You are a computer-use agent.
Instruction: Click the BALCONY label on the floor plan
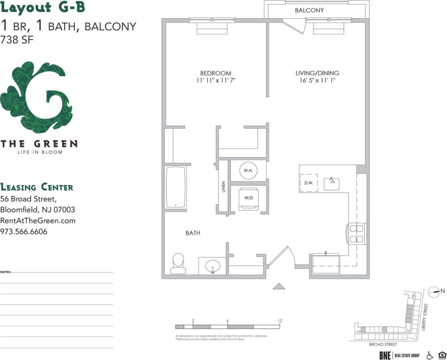click(309, 10)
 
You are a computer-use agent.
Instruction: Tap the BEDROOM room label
click(216, 73)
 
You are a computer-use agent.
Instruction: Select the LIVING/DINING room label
click(317, 73)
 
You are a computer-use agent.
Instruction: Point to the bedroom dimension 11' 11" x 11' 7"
click(216, 80)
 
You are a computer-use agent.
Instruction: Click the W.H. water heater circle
click(248, 171)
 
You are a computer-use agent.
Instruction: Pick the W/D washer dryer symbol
click(248, 198)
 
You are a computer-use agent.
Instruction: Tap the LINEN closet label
click(223, 187)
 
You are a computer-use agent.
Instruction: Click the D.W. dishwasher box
click(309, 183)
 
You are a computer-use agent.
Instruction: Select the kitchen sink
click(331, 183)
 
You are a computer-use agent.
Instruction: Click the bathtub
click(175, 187)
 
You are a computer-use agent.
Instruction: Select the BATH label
click(193, 233)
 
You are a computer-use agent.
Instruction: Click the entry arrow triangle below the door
click(279, 286)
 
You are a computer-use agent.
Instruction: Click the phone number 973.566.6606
click(24, 232)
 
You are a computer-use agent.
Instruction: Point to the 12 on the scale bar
click(280, 321)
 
